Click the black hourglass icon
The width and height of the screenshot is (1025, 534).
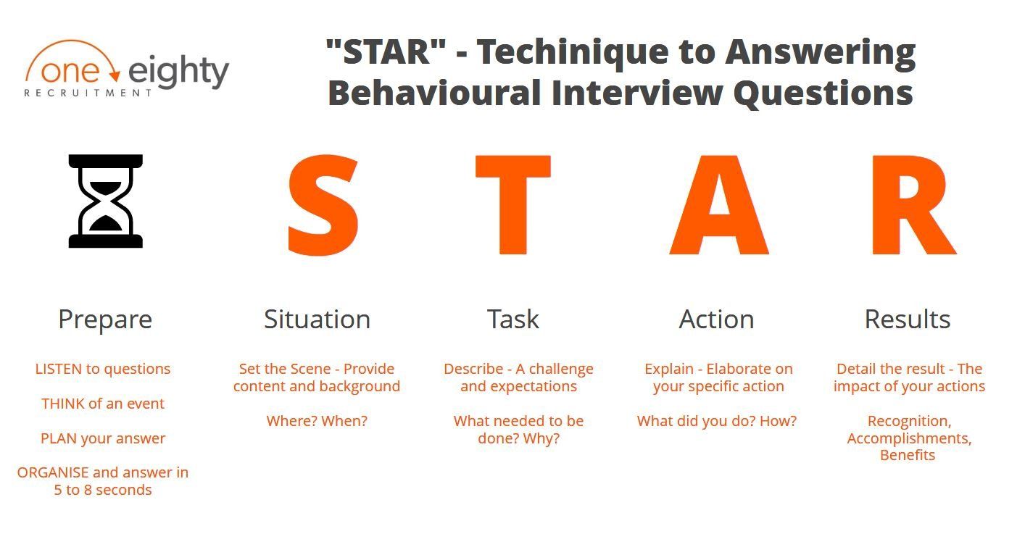coord(106,201)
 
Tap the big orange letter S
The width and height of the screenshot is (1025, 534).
coord(323,205)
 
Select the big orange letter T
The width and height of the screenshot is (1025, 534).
coord(513,204)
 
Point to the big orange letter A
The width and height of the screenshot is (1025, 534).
coord(719,204)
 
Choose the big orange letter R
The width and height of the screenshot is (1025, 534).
coord(913,204)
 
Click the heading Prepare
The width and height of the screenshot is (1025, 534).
coord(105,320)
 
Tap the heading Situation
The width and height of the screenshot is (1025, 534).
coord(317,319)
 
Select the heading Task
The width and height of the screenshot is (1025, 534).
coord(513,319)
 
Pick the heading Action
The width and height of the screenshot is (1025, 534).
coord(717,319)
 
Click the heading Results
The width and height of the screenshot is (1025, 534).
coord(908,319)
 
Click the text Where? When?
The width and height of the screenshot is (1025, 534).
coord(317,421)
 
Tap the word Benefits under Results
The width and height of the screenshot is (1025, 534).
coord(908,455)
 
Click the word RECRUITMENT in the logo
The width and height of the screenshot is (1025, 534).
coord(88,93)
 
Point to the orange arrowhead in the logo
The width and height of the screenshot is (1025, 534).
coord(115,76)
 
